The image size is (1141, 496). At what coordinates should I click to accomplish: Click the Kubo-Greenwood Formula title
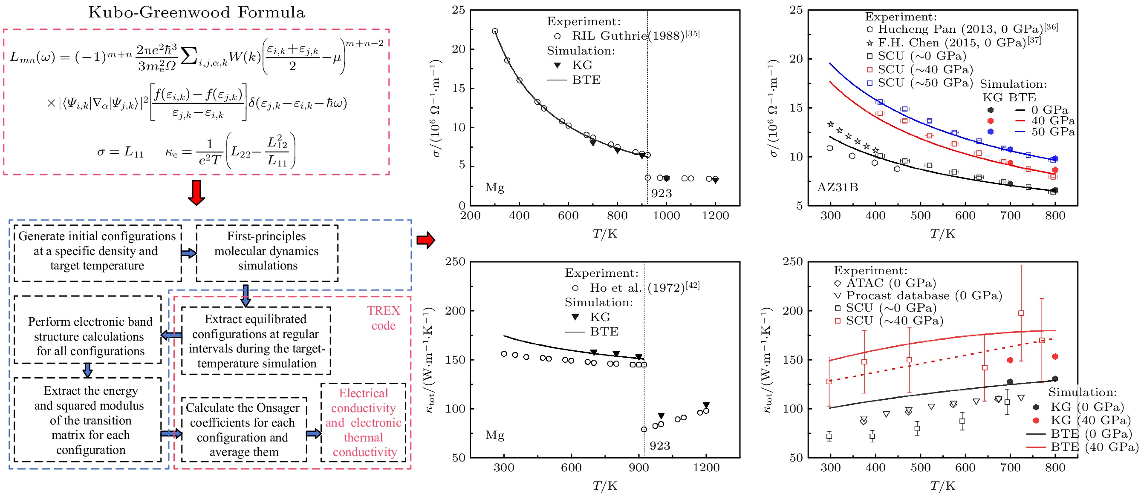tap(196, 12)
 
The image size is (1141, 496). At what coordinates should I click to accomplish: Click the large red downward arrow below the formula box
tap(196, 192)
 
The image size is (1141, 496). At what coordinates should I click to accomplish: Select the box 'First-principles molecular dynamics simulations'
tap(267, 251)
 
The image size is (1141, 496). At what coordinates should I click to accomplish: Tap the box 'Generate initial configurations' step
tap(97, 251)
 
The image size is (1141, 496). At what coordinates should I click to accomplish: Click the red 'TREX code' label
tap(383, 318)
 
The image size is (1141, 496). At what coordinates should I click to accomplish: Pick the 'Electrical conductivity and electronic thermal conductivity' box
tap(363, 422)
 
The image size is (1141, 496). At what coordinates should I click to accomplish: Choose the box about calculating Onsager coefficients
tap(243, 429)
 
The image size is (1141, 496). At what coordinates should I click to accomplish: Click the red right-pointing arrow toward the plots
tap(425, 240)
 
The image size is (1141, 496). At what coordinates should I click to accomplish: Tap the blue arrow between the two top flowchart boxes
tap(189, 253)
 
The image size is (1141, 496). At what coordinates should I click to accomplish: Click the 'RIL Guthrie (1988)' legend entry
tap(629, 36)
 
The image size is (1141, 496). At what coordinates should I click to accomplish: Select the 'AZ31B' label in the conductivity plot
tap(837, 188)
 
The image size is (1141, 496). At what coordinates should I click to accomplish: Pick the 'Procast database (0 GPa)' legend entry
tap(924, 295)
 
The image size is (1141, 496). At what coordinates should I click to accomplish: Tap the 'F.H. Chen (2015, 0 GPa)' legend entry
tap(952, 43)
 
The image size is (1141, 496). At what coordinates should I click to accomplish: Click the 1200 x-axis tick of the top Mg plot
tap(715, 216)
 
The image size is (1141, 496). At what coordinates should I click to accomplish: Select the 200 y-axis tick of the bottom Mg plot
tap(455, 311)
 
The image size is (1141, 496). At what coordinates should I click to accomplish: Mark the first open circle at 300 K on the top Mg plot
tap(495, 32)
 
